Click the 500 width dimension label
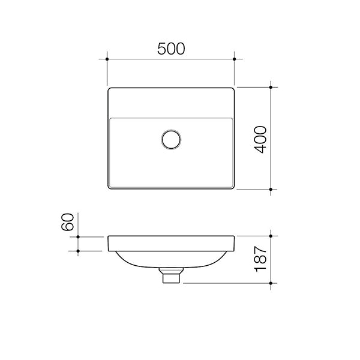pyautogui.click(x=170, y=49)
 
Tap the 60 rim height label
pyautogui.click(x=67, y=221)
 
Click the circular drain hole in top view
pyautogui.click(x=171, y=139)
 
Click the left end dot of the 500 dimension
pyautogui.click(x=107, y=59)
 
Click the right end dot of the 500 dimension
pyautogui.click(x=235, y=59)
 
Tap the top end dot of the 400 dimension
pyautogui.click(x=272, y=88)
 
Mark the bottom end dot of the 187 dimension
pyautogui.click(x=272, y=283)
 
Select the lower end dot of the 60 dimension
pyautogui.click(x=78, y=251)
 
